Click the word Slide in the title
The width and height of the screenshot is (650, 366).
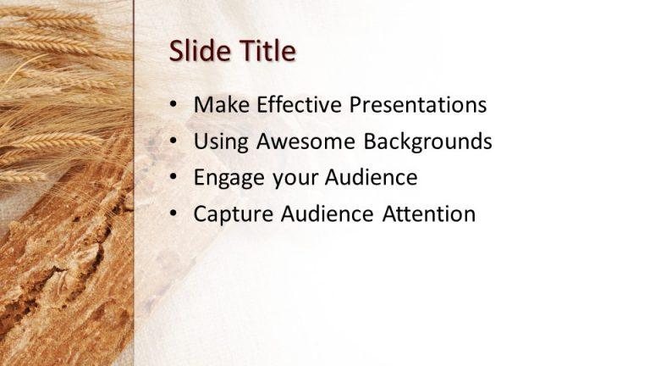pos(199,52)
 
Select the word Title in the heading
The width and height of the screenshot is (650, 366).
pos(266,52)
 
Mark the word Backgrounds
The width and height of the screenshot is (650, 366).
pos(428,141)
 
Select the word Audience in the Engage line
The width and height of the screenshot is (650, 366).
pos(370,178)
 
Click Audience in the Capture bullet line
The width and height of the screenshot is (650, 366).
pos(326,214)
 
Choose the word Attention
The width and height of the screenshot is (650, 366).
pos(429,214)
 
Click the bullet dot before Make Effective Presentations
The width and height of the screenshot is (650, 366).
pos(174,105)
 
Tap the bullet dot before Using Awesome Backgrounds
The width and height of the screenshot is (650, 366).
pos(174,141)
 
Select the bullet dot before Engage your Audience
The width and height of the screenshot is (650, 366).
pos(174,178)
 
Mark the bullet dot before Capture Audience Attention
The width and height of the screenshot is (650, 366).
pos(174,214)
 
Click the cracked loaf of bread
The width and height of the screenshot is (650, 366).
pos(59,271)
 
